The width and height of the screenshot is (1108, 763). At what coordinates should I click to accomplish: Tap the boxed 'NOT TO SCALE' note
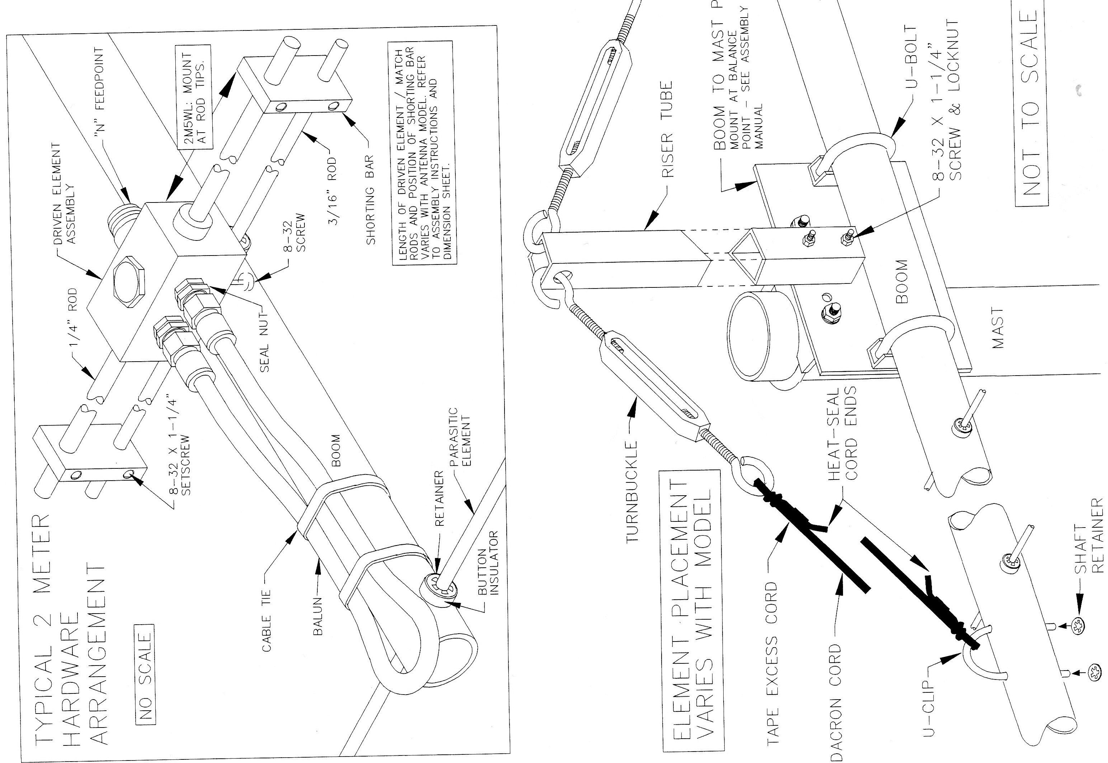tap(1032, 109)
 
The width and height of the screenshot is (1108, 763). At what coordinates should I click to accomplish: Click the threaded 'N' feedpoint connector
tap(125, 217)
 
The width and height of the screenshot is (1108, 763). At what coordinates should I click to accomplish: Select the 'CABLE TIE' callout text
tap(267, 620)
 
